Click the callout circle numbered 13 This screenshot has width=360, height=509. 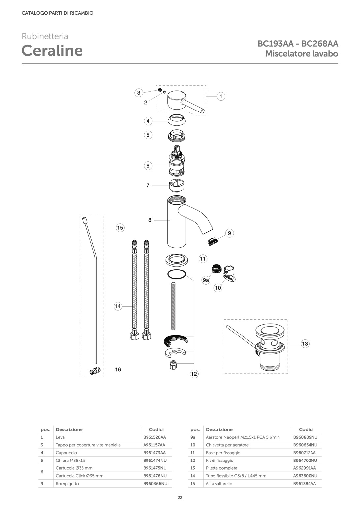pyautogui.click(x=305, y=344)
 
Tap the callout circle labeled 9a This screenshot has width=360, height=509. pyautogui.click(x=206, y=280)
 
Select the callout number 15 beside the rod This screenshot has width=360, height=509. pyautogui.click(x=120, y=228)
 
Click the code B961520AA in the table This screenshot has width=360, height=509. pyautogui.click(x=154, y=437)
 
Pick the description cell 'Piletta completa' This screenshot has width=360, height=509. pyautogui.click(x=221, y=468)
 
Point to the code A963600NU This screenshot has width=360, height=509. pyautogui.click(x=305, y=476)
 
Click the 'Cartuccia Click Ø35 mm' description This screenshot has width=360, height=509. pyautogui.click(x=80, y=476)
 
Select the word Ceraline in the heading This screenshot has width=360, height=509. pyautogui.click(x=52, y=50)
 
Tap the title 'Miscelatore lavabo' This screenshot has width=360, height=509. pyautogui.click(x=302, y=53)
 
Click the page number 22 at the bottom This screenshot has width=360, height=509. pyautogui.click(x=180, y=498)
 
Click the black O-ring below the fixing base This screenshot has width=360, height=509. pyautogui.click(x=177, y=274)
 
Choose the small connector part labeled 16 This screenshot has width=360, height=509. pyautogui.click(x=94, y=371)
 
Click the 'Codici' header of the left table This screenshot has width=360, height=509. pyautogui.click(x=156, y=429)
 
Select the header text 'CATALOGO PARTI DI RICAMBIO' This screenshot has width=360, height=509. pyautogui.click(x=57, y=13)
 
